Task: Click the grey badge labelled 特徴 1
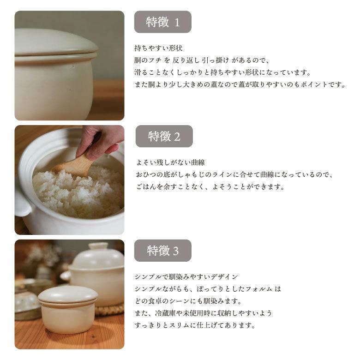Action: (x=162, y=22)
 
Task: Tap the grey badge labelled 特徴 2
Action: (x=164, y=136)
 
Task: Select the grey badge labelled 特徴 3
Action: (x=162, y=251)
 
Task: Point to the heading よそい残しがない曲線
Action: (x=170, y=162)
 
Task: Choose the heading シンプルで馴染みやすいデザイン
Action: (x=186, y=277)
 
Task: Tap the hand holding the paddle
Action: (x=99, y=141)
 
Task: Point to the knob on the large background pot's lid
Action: (x=98, y=246)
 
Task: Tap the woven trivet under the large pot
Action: (x=111, y=308)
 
